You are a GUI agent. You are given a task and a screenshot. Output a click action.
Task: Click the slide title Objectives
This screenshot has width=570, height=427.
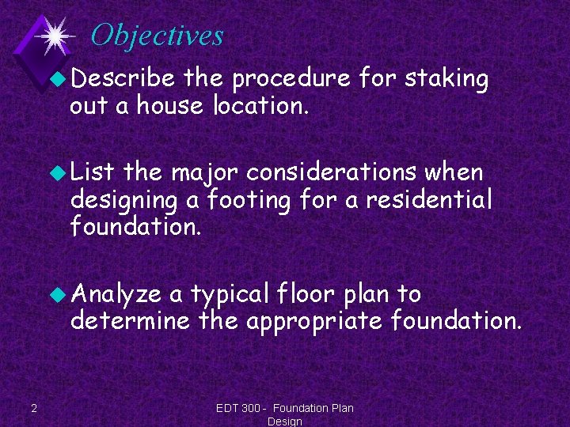pos(157,36)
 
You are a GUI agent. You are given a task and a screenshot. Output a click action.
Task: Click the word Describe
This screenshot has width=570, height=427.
pos(123,79)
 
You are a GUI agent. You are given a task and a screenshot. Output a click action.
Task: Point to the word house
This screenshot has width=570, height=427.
pos(170,104)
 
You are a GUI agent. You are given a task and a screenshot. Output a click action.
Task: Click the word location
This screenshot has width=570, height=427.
pos(260,104)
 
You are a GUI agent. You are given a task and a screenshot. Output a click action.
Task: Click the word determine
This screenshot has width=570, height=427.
pos(129,321)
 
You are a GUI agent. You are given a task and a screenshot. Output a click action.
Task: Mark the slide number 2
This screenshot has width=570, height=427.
pos(32,408)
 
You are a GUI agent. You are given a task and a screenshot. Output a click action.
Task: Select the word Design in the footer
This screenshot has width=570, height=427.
pos(285,421)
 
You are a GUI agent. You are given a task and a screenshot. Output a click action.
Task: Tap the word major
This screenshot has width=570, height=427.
pos(207,172)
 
